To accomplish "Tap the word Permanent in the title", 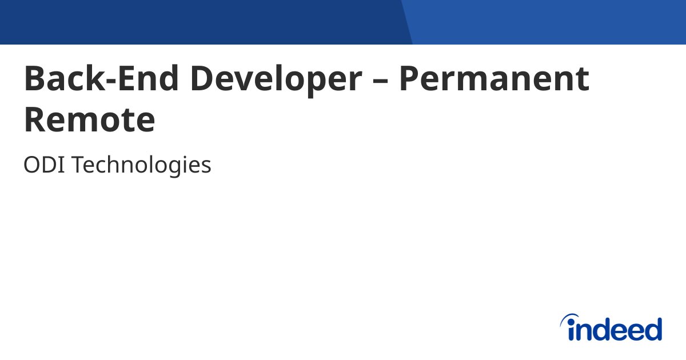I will [x=494, y=79].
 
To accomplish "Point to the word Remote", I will [x=90, y=121].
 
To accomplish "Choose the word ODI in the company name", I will [x=44, y=166].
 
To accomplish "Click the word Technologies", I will [x=141, y=166].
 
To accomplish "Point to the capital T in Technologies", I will [x=77, y=166].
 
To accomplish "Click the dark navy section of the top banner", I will [x=200, y=22].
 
